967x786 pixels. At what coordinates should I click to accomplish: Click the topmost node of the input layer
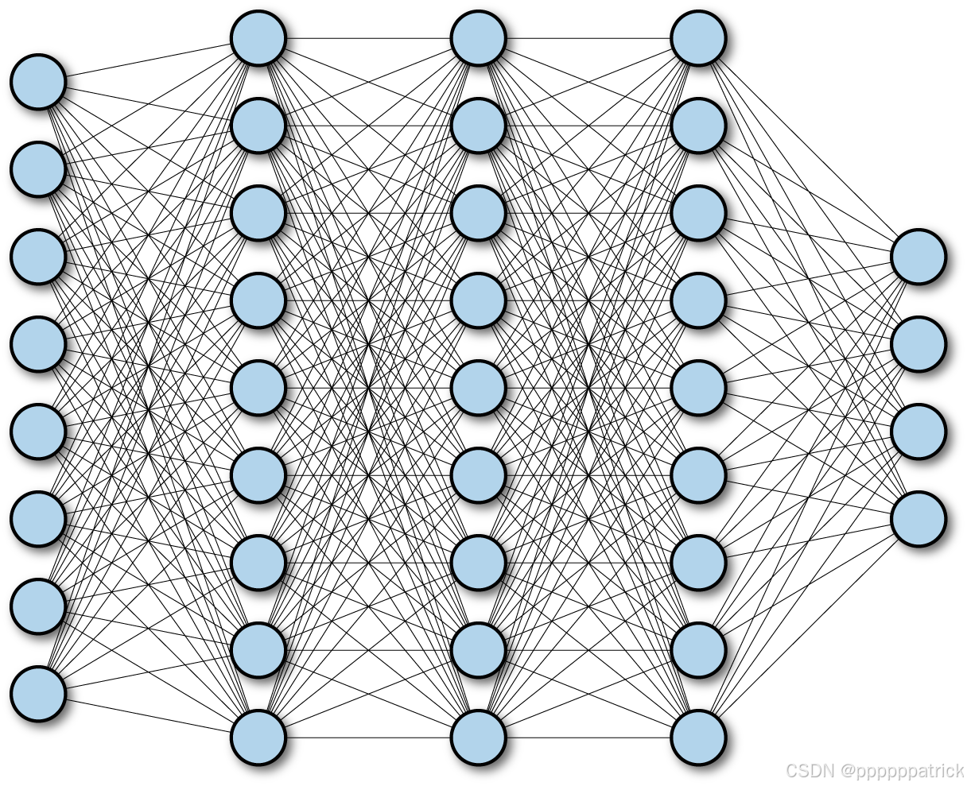click(x=38, y=82)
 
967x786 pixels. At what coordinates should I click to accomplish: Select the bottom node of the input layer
click(x=38, y=694)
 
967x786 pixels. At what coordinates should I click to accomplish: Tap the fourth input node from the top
click(x=38, y=344)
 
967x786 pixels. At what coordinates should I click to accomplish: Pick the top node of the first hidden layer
click(x=258, y=38)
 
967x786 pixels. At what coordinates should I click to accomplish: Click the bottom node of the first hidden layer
click(x=258, y=738)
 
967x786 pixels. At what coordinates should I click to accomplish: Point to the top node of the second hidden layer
click(x=479, y=38)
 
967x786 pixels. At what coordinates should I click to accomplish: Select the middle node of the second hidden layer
click(x=479, y=388)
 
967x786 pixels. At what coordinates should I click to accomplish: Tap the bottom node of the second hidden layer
click(x=479, y=738)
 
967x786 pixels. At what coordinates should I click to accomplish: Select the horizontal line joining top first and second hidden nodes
click(x=368, y=38)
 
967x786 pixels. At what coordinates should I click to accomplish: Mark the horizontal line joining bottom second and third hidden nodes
click(x=588, y=738)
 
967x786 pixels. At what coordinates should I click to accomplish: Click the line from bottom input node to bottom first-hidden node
click(x=148, y=715)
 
